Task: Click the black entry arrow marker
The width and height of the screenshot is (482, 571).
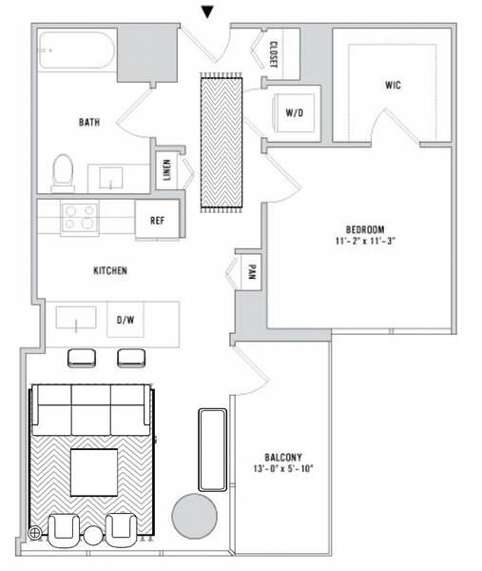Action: pyautogui.click(x=207, y=11)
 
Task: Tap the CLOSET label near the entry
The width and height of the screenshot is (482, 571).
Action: pyautogui.click(x=273, y=54)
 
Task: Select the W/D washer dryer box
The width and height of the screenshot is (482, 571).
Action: pyautogui.click(x=295, y=113)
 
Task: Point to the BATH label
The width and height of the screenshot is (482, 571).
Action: pyautogui.click(x=90, y=122)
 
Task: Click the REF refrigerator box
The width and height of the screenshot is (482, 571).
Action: pyautogui.click(x=158, y=220)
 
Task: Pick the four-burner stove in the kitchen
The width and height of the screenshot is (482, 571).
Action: pyautogui.click(x=79, y=219)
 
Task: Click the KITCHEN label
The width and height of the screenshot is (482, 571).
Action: pyautogui.click(x=109, y=270)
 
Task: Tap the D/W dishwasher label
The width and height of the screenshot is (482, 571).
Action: pyautogui.click(x=125, y=321)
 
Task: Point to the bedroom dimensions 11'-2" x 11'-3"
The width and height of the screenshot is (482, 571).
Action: pyautogui.click(x=364, y=242)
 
